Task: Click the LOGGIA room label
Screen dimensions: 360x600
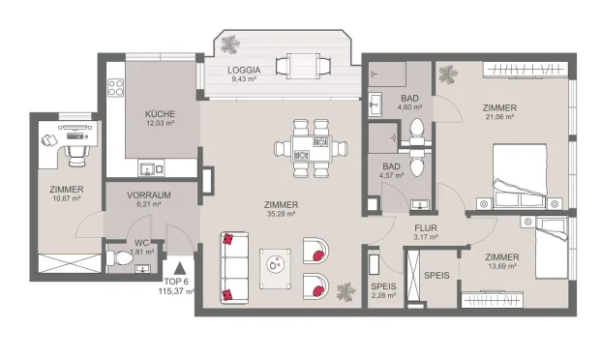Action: click(x=244, y=70)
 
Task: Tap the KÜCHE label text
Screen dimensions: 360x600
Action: click(x=160, y=113)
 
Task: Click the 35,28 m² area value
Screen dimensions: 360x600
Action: click(x=281, y=216)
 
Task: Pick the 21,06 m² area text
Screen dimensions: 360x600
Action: click(x=499, y=117)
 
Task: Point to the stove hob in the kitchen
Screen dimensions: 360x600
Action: click(x=117, y=86)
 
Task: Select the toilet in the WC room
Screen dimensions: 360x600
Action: click(x=120, y=259)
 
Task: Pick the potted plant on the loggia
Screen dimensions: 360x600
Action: click(x=232, y=45)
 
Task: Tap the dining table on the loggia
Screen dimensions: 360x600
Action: click(x=296, y=66)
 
